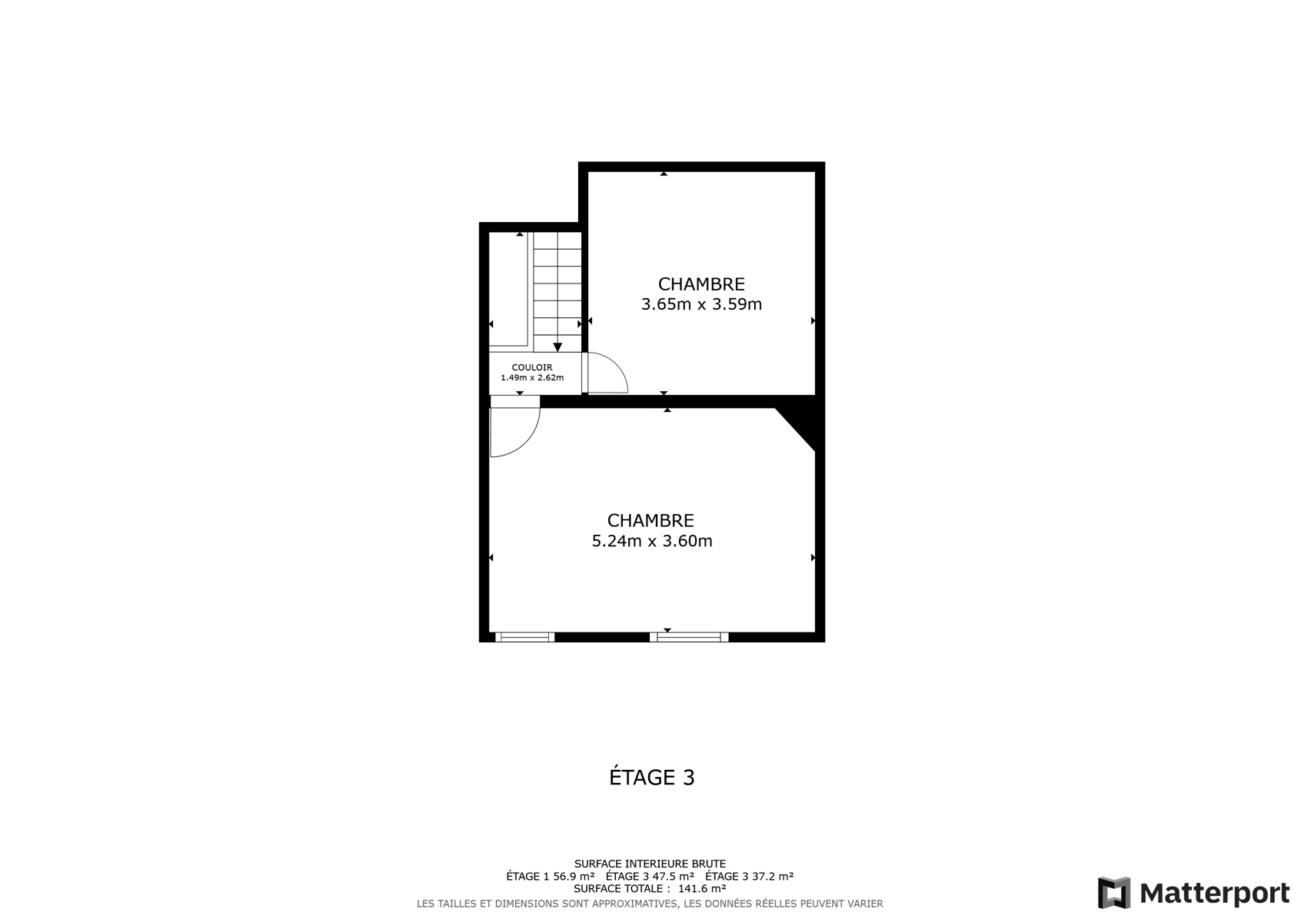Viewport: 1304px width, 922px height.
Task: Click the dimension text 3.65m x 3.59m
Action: pos(701,304)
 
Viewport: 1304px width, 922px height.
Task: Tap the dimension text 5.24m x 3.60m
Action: pos(652,541)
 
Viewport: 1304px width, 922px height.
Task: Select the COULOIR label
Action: pos(532,367)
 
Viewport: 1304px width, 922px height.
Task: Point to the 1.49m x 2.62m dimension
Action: pos(532,377)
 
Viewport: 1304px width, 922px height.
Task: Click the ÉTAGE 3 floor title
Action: pos(652,778)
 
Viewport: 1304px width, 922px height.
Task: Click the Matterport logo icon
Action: pos(1114,893)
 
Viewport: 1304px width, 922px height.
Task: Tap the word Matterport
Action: pos(1214,894)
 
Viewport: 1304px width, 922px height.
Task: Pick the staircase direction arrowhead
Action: pos(557,347)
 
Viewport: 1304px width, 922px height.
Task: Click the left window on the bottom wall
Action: pos(524,637)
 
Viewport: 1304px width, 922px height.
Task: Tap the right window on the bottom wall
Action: pos(689,637)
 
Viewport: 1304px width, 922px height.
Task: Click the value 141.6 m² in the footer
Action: pos(702,888)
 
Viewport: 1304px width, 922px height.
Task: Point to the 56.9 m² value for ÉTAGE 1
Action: pos(574,876)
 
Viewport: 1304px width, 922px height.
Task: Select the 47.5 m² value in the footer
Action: pos(674,876)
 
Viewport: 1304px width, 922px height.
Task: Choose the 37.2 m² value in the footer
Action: pos(773,876)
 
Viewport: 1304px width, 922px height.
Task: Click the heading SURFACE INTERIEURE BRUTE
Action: pos(650,864)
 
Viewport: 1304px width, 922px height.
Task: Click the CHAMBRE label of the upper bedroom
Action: pos(701,284)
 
